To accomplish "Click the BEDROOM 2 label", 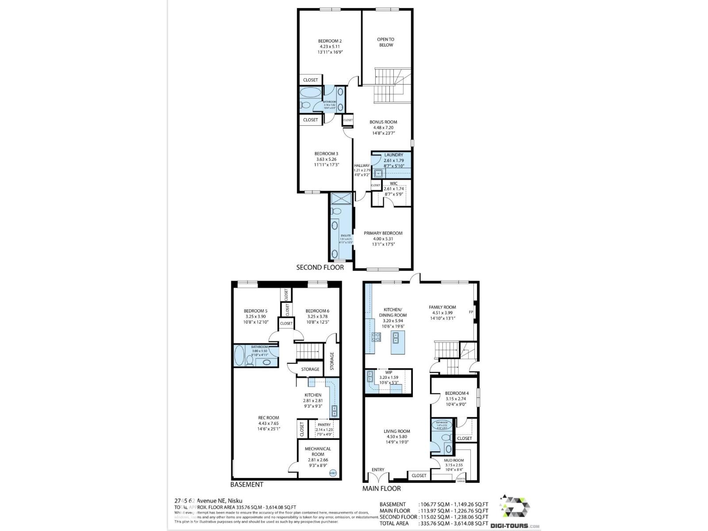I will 330,41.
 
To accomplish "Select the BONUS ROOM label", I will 383,122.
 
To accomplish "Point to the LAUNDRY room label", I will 393,155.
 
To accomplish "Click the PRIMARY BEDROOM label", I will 383,233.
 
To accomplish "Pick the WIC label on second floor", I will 393,184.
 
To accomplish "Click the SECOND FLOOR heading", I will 319,267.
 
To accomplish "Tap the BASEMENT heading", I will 246,485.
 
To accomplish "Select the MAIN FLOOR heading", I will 381,489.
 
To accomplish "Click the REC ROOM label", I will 269,418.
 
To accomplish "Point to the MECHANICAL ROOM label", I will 317,451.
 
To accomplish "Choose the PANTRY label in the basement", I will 324,425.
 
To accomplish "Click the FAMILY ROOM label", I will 442,307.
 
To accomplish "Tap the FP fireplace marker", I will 471,312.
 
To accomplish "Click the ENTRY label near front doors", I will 378,469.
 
